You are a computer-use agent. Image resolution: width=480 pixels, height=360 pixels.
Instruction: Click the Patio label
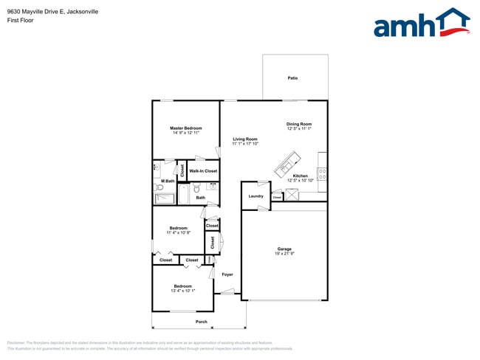[x=292, y=77]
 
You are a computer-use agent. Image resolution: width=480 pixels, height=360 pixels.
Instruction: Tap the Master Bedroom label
[x=186, y=128]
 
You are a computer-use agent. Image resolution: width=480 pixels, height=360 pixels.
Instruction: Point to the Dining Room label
[x=299, y=124]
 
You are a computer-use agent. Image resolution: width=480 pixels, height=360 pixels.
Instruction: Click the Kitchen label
[x=300, y=176]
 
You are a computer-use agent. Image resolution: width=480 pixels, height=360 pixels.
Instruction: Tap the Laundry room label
[x=256, y=195]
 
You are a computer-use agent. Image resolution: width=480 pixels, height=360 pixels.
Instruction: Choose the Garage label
[x=284, y=249]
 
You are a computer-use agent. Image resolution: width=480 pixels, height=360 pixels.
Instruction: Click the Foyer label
[x=227, y=274]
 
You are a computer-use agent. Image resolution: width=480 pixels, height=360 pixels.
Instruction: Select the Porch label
[x=201, y=322]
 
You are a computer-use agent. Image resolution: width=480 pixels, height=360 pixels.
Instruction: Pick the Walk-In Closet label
[x=203, y=171]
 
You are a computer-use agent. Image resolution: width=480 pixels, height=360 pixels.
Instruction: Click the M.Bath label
[x=169, y=181]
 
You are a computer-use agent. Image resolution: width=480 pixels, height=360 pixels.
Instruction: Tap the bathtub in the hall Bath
[x=183, y=194]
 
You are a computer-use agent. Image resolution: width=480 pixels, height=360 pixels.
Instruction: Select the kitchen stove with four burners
[x=322, y=175]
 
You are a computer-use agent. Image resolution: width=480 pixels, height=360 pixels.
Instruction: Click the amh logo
[x=422, y=24]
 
